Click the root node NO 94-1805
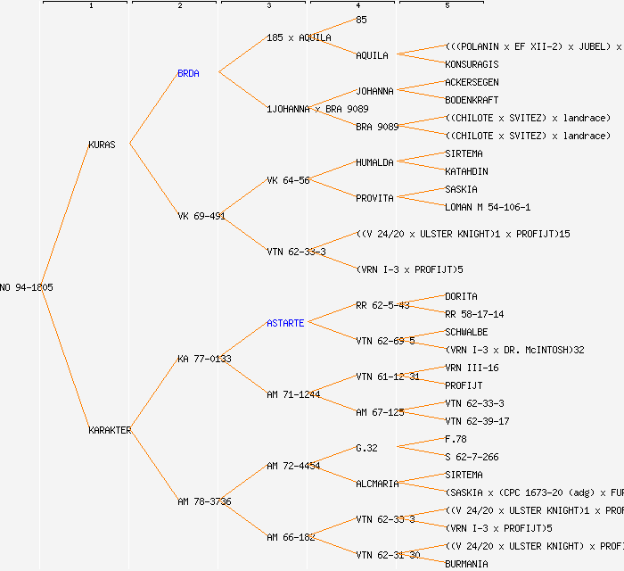(27, 287)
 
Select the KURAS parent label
(102, 145)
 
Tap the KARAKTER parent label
(110, 430)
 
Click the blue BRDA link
(188, 73)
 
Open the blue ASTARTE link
(285, 323)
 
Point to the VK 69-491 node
(201, 216)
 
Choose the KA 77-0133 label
(204, 359)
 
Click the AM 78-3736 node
(204, 501)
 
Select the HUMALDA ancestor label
(374, 162)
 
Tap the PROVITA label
(374, 198)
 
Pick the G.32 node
(366, 448)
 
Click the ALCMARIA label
(377, 484)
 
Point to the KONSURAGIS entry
(472, 64)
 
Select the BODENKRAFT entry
(472, 100)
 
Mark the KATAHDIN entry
(466, 171)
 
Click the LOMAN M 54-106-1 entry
(488, 207)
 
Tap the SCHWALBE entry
(466, 332)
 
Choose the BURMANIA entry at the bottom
(466, 564)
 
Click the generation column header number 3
(268, 6)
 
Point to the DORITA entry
(461, 296)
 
